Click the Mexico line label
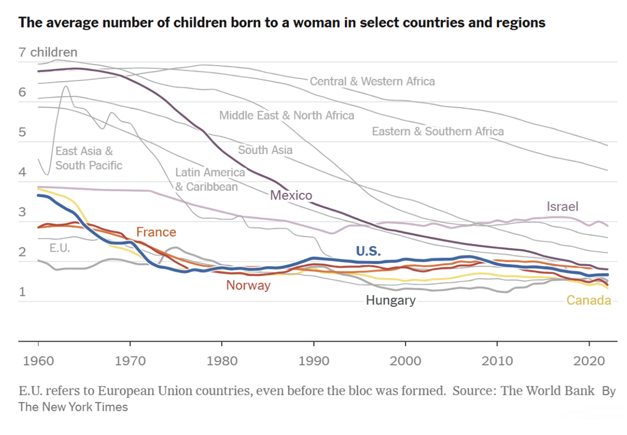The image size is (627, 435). pyautogui.click(x=291, y=195)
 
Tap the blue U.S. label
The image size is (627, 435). pyautogui.click(x=368, y=251)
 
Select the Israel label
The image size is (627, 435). pyautogui.click(x=562, y=207)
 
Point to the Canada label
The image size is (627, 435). pyautogui.click(x=589, y=301)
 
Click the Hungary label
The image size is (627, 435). pyautogui.click(x=390, y=300)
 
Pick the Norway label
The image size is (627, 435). pyautogui.click(x=248, y=286)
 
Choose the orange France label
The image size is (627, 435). pyautogui.click(x=156, y=232)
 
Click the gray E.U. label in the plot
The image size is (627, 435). pyautogui.click(x=60, y=248)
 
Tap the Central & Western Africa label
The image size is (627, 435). pyautogui.click(x=372, y=81)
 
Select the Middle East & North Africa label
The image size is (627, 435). pyautogui.click(x=286, y=115)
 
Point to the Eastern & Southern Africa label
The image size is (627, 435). pyautogui.click(x=438, y=131)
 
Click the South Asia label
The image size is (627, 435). pyautogui.click(x=265, y=150)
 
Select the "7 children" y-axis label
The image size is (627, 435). pyautogui.click(x=48, y=52)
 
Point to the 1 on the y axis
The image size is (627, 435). pyautogui.click(x=22, y=292)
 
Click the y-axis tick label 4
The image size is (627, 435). pyautogui.click(x=22, y=172)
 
